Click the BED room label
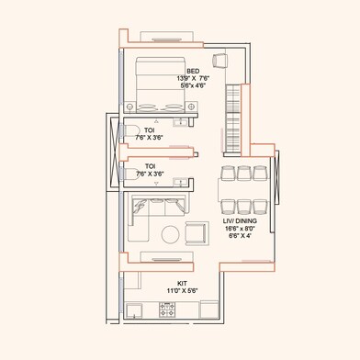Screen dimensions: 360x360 pyautogui.click(x=193, y=71)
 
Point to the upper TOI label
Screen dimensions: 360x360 pyautogui.click(x=149, y=129)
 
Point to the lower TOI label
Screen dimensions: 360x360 pyautogui.click(x=149, y=166)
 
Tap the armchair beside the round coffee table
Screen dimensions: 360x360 pyautogui.click(x=197, y=232)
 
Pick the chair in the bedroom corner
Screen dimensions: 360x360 pyautogui.click(x=220, y=61)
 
